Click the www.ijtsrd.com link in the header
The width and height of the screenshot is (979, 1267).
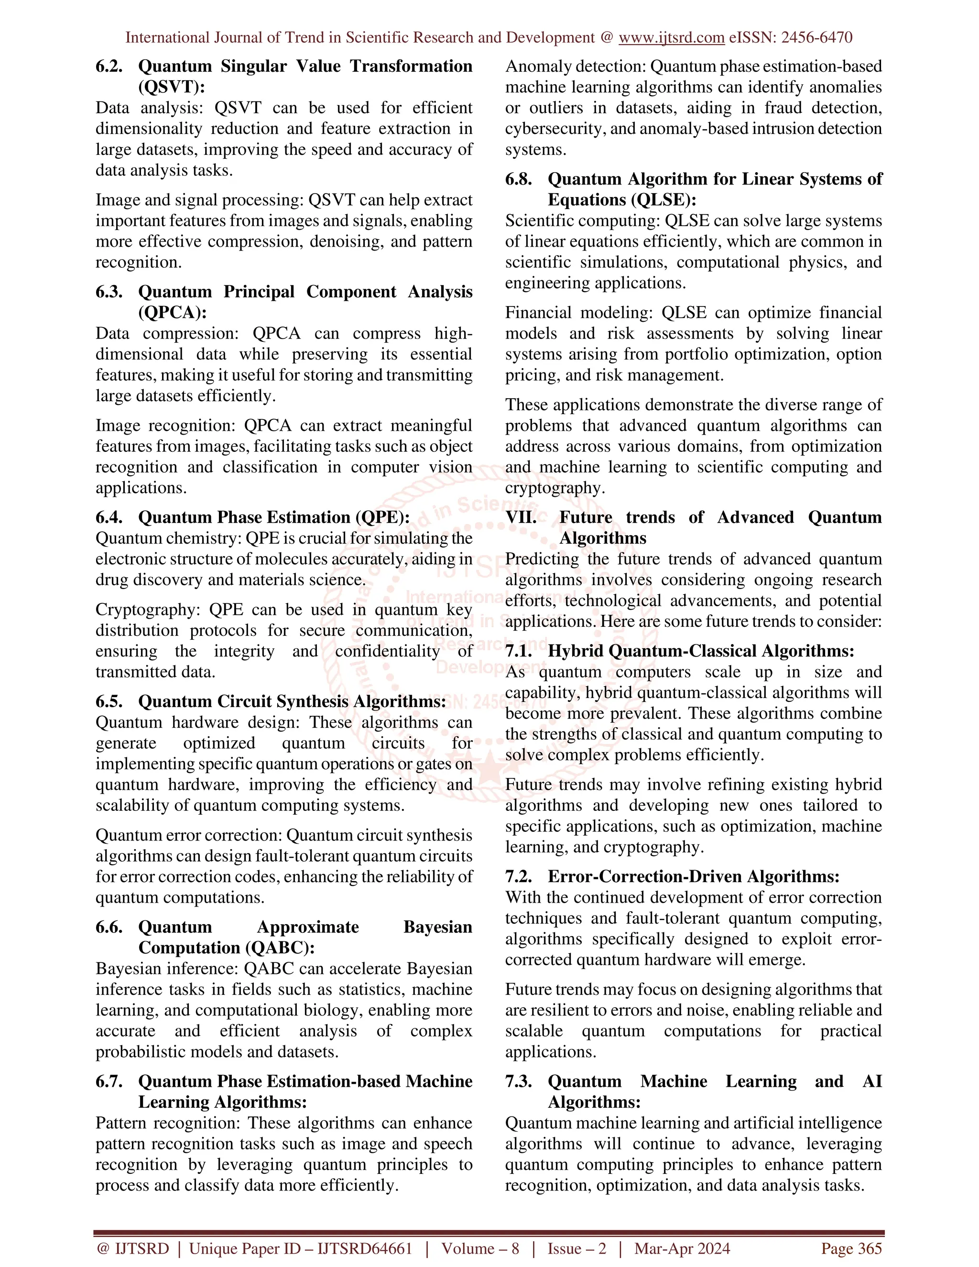click(671, 38)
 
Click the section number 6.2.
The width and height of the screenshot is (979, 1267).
click(109, 66)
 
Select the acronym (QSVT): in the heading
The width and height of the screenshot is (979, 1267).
click(172, 87)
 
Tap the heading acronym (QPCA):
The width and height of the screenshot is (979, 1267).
click(172, 313)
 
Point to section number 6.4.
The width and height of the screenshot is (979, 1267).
click(109, 517)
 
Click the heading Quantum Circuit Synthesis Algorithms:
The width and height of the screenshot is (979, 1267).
click(292, 701)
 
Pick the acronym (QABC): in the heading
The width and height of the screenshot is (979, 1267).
click(280, 948)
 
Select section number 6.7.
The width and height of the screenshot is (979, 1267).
click(109, 1081)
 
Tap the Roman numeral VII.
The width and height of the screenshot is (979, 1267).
click(521, 517)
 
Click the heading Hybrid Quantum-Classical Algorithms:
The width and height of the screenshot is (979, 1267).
click(701, 651)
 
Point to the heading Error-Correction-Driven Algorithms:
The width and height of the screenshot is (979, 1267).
click(693, 876)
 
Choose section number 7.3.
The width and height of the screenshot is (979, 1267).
click(519, 1081)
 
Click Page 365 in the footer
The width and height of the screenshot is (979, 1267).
click(851, 1248)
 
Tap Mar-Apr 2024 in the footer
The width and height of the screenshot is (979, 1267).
click(682, 1248)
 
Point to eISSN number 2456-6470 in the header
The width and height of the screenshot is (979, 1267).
click(816, 38)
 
